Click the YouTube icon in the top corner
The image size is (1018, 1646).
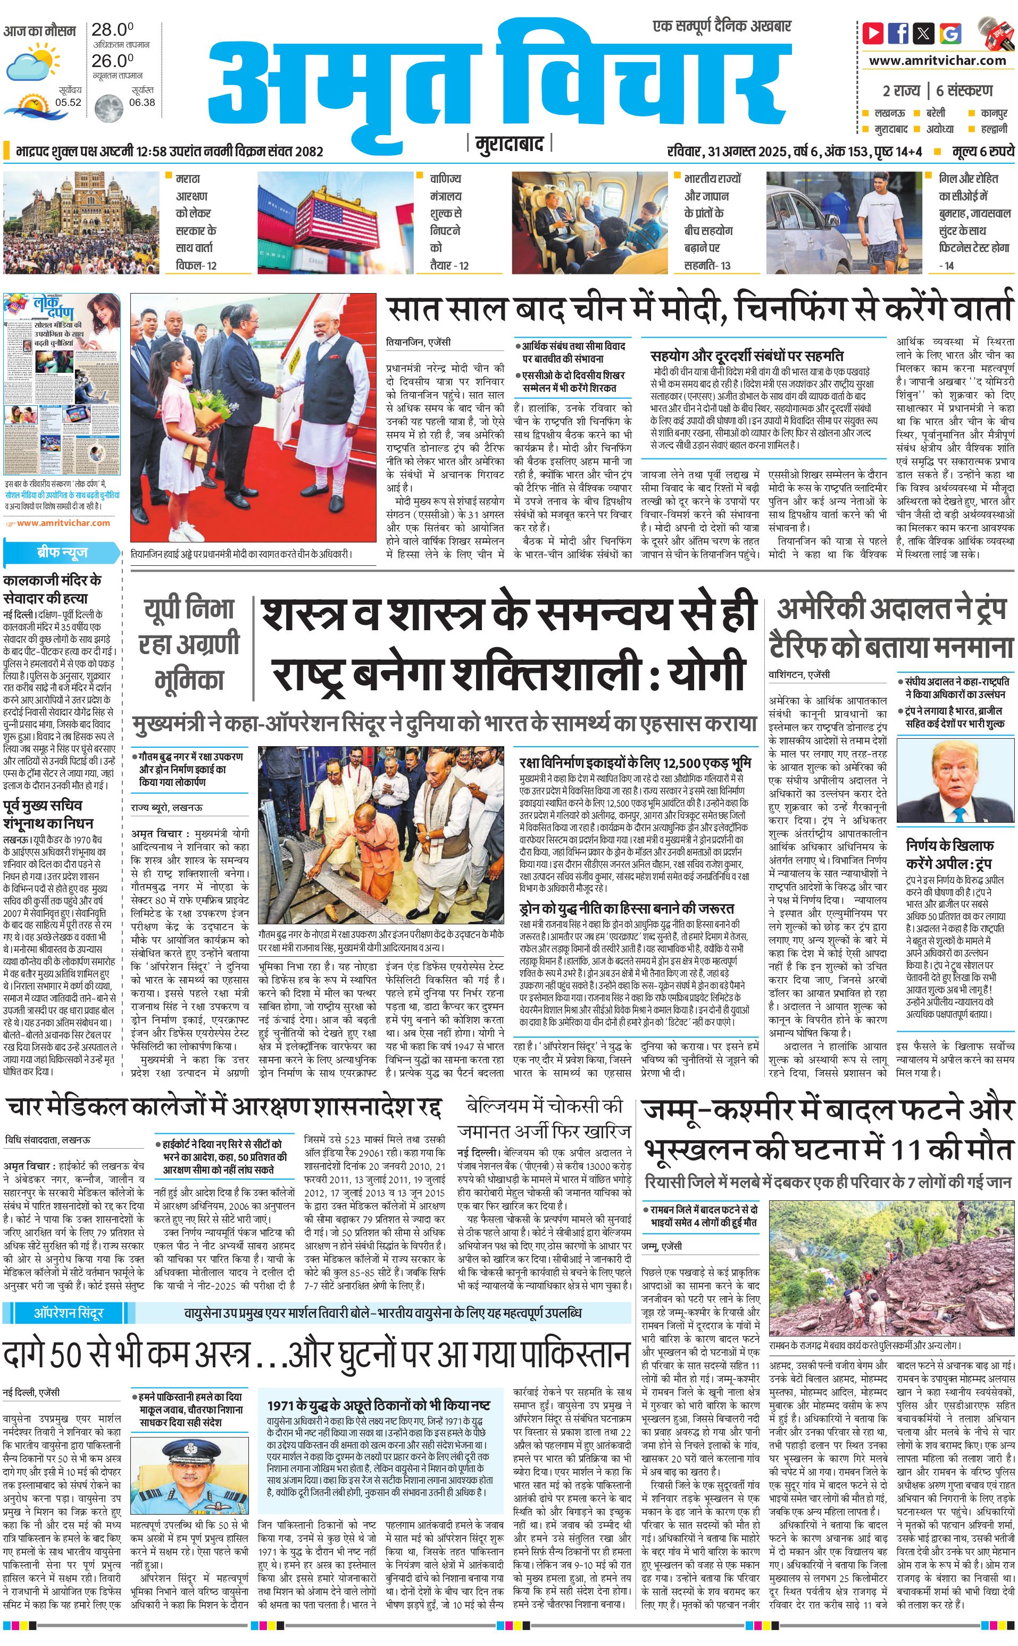click(x=873, y=33)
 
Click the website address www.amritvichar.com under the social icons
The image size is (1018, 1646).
click(x=937, y=61)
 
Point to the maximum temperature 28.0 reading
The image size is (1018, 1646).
click(x=112, y=30)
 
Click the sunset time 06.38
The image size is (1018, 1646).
click(x=142, y=102)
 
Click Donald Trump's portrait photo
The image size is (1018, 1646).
click(x=973, y=782)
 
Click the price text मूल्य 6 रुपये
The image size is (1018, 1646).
click(x=982, y=151)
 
